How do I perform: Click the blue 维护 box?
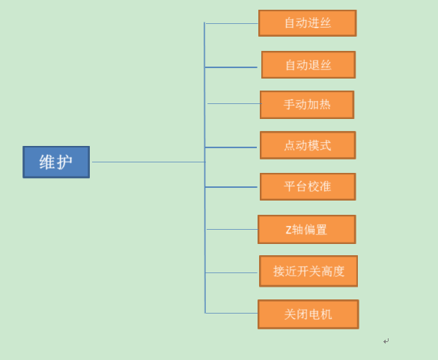point(56,162)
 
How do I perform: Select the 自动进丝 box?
point(307,23)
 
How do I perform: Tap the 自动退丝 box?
point(308,65)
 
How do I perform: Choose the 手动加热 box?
point(307,105)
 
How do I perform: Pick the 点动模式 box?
point(308,145)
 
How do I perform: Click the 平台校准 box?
point(308,186)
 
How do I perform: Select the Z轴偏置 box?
point(307,229)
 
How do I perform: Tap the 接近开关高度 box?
point(308,271)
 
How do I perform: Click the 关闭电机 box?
point(308,314)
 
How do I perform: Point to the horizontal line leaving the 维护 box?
point(149,162)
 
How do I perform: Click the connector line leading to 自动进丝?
point(231,24)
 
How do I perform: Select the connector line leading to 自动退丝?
point(231,67)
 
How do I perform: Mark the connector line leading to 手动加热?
point(234,103)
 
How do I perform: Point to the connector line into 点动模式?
point(231,147)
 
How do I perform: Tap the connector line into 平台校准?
point(231,187)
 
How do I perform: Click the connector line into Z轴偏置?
point(232,229)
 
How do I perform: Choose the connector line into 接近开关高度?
point(231,272)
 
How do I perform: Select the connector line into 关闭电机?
point(231,313)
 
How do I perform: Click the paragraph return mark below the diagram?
point(386,341)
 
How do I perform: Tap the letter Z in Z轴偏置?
point(288,230)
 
